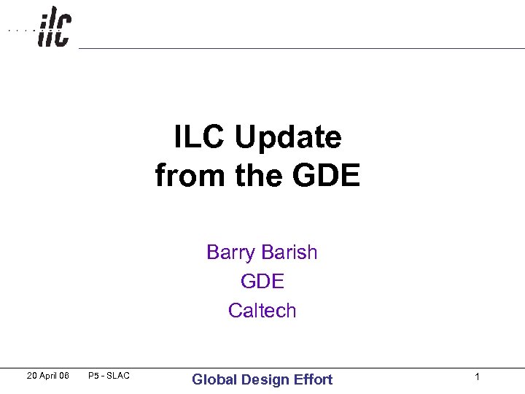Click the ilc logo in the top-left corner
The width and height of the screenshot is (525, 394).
tap(54, 28)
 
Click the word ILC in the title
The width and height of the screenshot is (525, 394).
tap(197, 136)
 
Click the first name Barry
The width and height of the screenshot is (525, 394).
tap(230, 252)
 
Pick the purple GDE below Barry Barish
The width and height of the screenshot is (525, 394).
tap(262, 281)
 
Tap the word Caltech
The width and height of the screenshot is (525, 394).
tap(262, 310)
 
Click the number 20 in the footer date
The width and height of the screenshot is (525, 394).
tap(32, 376)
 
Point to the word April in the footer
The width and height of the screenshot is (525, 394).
tap(49, 376)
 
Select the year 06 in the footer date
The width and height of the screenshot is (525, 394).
tap(64, 376)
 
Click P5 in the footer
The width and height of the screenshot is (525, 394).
tap(93, 376)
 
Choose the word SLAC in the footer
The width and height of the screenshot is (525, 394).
tap(117, 376)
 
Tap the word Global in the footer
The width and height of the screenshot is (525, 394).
tap(214, 379)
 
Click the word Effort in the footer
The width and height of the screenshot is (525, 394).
tap(314, 379)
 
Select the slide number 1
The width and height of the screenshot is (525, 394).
tap(477, 376)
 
